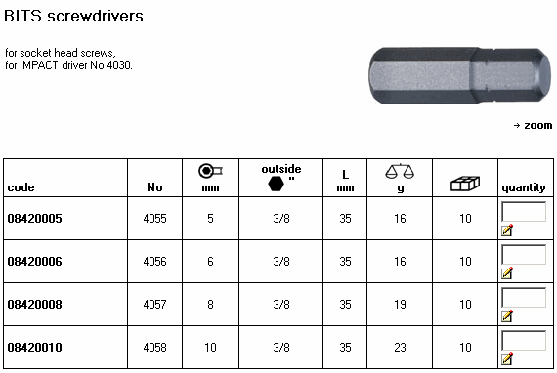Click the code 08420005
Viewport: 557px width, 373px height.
[34, 219]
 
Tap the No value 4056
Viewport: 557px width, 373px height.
[154, 262]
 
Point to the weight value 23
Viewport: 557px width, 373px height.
[400, 347]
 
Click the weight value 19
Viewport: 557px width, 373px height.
[400, 304]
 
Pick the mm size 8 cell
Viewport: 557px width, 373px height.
[210, 304]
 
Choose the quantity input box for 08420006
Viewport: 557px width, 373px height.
[524, 255]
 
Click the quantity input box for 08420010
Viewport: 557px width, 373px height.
[524, 341]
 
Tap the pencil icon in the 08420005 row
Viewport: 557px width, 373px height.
[507, 230]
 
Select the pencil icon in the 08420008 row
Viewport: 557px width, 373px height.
[507, 316]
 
